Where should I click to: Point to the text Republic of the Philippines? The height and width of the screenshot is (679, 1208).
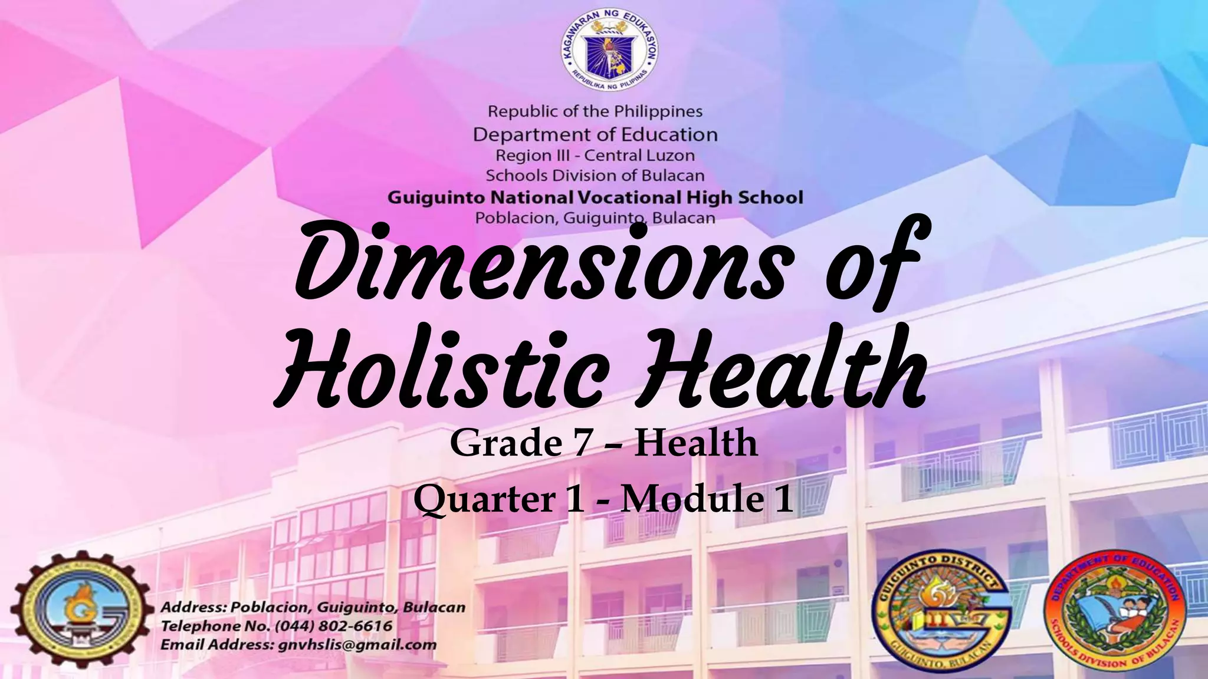pyautogui.click(x=595, y=111)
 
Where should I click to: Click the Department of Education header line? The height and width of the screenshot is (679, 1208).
pyautogui.click(x=595, y=134)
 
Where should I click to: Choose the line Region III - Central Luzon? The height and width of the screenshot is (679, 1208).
pyautogui.click(x=595, y=156)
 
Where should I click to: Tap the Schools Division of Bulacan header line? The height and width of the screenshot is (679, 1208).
pyautogui.click(x=595, y=176)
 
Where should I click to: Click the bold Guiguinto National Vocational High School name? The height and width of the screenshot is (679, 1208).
pyautogui.click(x=595, y=197)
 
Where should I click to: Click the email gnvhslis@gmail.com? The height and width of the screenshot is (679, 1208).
pyautogui.click(x=357, y=644)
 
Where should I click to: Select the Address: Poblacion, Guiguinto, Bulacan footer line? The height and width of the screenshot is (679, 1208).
pyautogui.click(x=313, y=607)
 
